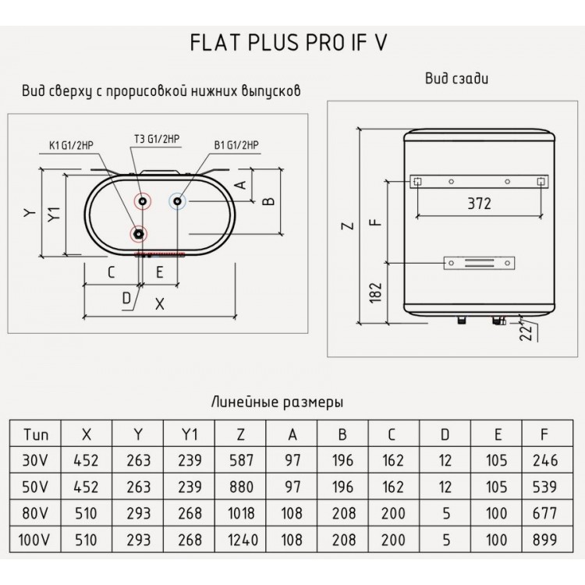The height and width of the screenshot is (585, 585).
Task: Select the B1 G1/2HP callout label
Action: [236, 144]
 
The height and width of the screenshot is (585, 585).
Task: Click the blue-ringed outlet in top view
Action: [178, 202]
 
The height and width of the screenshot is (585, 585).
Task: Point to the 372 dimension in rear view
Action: [478, 204]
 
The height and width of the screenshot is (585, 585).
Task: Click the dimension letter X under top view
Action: [160, 305]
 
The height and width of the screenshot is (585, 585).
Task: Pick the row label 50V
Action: [36, 487]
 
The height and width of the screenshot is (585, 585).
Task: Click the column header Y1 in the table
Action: [189, 434]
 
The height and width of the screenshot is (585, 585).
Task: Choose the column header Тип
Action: [36, 434]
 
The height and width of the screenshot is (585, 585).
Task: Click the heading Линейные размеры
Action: [278, 402]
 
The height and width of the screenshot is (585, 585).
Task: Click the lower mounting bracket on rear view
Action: [479, 263]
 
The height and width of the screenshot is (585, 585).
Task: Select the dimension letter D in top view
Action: [126, 296]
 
